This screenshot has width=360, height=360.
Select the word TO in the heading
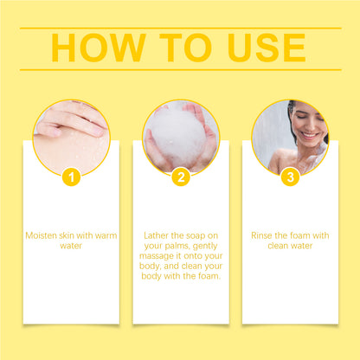[x=180, y=48]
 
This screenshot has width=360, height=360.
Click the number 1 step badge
[x=72, y=177]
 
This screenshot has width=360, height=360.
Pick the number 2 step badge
[x=181, y=177]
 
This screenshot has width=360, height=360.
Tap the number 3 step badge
[x=290, y=177]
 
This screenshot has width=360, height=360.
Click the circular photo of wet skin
[x=71, y=134]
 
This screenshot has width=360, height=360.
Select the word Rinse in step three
[x=262, y=235]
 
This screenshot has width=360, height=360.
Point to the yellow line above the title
[x=180, y=28]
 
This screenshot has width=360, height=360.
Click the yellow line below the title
[x=180, y=69]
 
